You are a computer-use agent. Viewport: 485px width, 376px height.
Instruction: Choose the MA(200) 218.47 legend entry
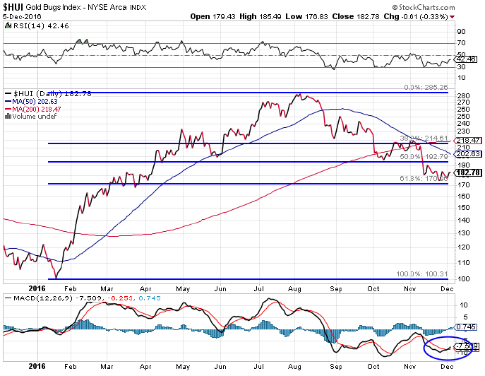click(32, 108)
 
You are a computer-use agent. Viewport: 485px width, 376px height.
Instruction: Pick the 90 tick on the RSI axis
click(461, 32)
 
